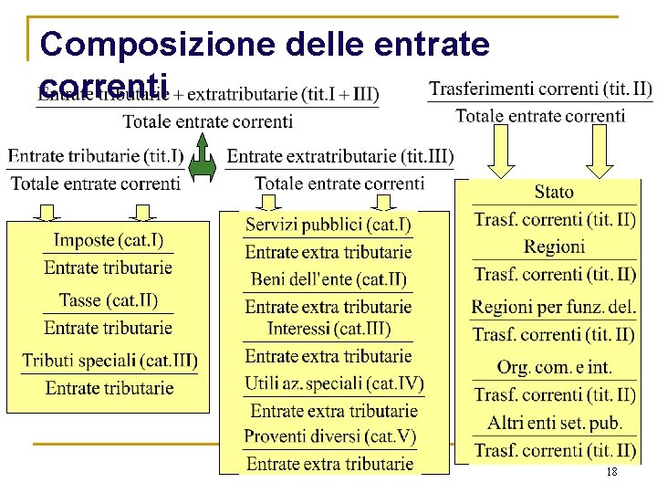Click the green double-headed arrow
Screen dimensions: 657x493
pyautogui.click(x=203, y=157)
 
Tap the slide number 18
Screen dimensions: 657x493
pyautogui.click(x=610, y=472)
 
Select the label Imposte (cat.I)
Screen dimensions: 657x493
pyautogui.click(x=109, y=241)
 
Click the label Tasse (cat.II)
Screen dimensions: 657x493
pyautogui.click(x=109, y=300)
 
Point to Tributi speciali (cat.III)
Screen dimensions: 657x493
pyautogui.click(x=109, y=361)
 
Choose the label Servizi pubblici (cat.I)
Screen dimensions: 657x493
pyautogui.click(x=328, y=225)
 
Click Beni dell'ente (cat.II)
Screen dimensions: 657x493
pyautogui.click(x=328, y=279)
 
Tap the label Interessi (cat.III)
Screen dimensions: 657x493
pyautogui.click(x=328, y=329)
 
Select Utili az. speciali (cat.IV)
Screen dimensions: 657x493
pyautogui.click(x=334, y=383)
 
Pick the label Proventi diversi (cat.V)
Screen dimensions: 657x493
pyautogui.click(x=329, y=436)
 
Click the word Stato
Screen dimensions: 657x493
pyautogui.click(x=554, y=192)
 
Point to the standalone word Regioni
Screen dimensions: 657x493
pyautogui.click(x=554, y=246)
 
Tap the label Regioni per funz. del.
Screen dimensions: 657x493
pyautogui.click(x=554, y=307)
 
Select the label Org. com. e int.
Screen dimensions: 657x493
pyautogui.click(x=554, y=367)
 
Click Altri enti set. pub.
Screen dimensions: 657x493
pyautogui.click(x=554, y=423)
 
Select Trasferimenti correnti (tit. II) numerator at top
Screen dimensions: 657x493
pyautogui.click(x=540, y=89)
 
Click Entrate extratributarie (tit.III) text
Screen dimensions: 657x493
pyautogui.click(x=339, y=156)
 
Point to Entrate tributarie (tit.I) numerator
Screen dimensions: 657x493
pyautogui.click(x=96, y=156)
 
